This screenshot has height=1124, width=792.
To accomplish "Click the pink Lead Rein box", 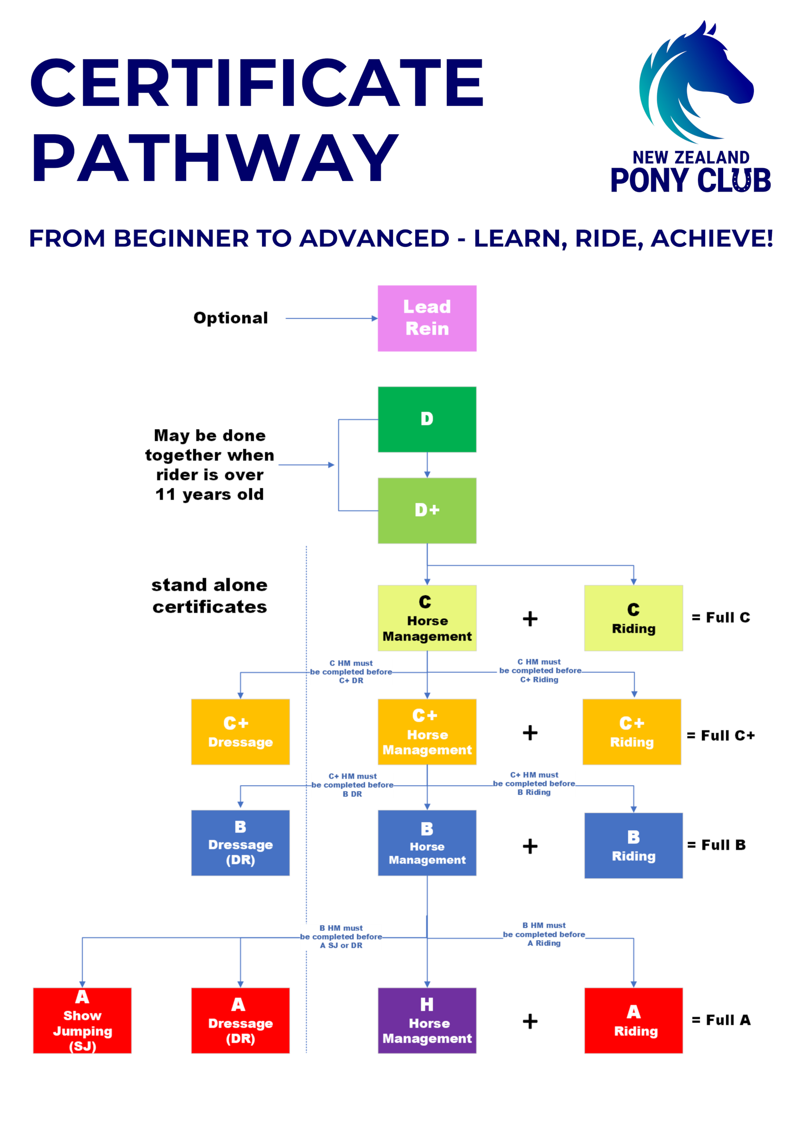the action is point(427,318).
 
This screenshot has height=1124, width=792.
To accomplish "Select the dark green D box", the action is point(427,420).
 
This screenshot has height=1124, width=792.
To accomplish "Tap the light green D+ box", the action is point(427,511).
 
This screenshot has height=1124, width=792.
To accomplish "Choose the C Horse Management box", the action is point(427,618).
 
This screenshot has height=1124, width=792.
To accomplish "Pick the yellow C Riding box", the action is point(634,618).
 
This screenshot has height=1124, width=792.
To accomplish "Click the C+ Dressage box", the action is point(240,732).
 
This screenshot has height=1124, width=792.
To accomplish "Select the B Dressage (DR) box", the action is point(240,843).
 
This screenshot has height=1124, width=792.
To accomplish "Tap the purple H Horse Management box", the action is point(427,1021).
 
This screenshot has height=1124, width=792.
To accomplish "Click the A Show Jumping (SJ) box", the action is point(82,1021).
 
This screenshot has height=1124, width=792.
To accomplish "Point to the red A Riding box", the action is point(634,1021).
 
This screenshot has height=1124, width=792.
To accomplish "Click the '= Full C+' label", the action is point(720,736).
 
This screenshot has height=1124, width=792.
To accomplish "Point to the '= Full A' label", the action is point(720,1020).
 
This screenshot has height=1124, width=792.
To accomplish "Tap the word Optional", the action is point(230,318).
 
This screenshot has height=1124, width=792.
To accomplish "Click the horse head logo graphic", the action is point(696,82).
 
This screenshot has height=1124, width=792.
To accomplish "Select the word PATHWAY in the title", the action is point(216,158).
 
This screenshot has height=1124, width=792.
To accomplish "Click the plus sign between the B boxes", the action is point(530,846).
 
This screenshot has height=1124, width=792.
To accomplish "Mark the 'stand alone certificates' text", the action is point(209,596).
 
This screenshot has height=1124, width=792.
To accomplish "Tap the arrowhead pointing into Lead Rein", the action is point(375,318).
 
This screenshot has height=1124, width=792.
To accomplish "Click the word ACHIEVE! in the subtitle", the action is point(712,238).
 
